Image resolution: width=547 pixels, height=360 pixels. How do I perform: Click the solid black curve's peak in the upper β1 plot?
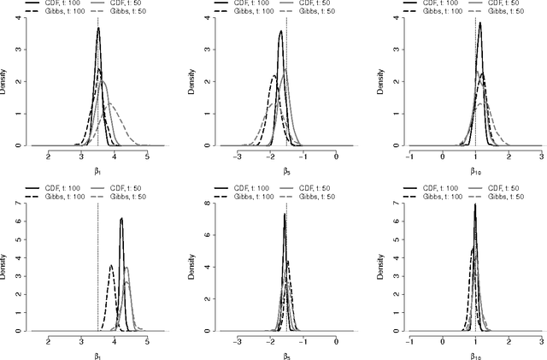point(98,28)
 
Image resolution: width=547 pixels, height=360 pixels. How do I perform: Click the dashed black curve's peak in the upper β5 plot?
point(273,77)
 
